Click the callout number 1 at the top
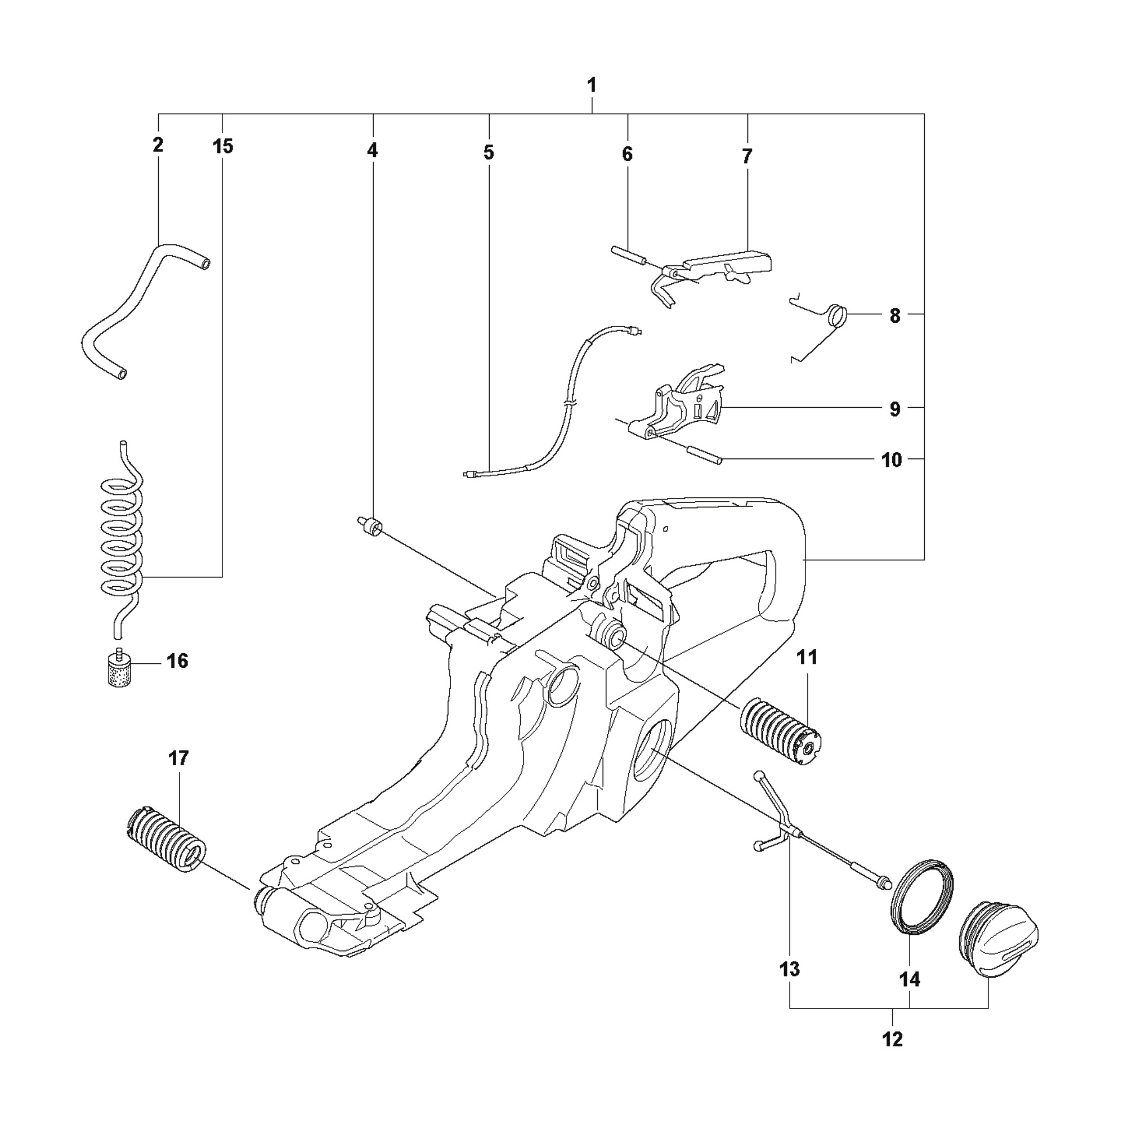pyautogui.click(x=592, y=86)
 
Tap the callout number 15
pyautogui.click(x=222, y=146)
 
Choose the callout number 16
pyautogui.click(x=177, y=661)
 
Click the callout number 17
pyautogui.click(x=178, y=759)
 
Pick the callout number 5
pyautogui.click(x=489, y=153)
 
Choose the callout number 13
pyautogui.click(x=790, y=969)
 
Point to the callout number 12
pyautogui.click(x=892, y=1040)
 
